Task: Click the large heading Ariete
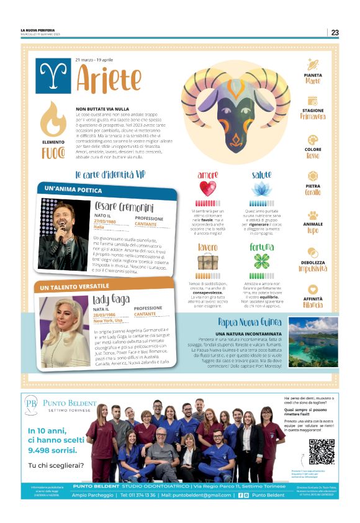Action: tap(109, 79)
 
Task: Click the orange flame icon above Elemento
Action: tap(53, 119)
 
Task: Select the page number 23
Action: tap(335, 32)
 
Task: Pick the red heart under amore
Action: tap(207, 188)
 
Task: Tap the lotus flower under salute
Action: tap(261, 188)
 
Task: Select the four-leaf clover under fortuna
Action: tap(261, 261)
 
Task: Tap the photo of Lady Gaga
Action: tap(65, 323)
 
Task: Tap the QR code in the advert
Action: tap(322, 452)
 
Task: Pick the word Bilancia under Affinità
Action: tap(312, 304)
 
